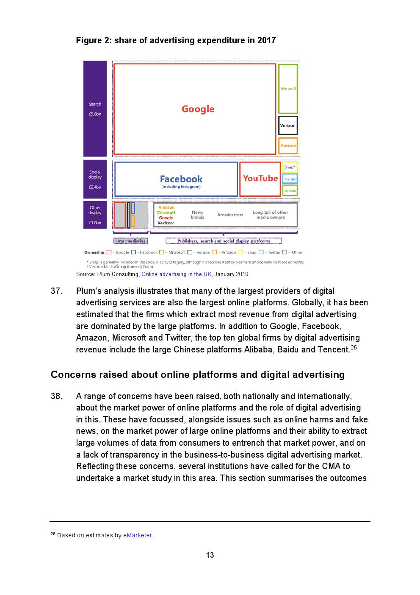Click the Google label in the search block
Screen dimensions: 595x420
198,109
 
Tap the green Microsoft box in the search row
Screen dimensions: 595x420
288,89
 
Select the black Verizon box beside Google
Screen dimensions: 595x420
288,126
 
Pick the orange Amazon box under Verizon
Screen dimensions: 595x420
288,145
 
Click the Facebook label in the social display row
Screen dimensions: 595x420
181,179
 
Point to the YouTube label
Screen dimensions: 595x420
260,179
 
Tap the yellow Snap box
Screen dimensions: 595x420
290,167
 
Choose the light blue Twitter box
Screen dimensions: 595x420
290,179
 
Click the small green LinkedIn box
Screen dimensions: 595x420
290,190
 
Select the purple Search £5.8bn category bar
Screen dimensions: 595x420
95,109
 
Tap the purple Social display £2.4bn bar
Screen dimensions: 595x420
95,179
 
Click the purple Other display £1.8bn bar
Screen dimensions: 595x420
95,215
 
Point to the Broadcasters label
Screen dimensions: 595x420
230,215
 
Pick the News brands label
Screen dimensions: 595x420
197,215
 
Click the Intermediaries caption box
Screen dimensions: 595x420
131,241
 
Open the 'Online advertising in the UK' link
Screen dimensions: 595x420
177,274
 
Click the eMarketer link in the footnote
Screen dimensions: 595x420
138,535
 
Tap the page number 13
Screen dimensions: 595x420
210,555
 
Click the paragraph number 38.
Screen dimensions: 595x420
56,396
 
